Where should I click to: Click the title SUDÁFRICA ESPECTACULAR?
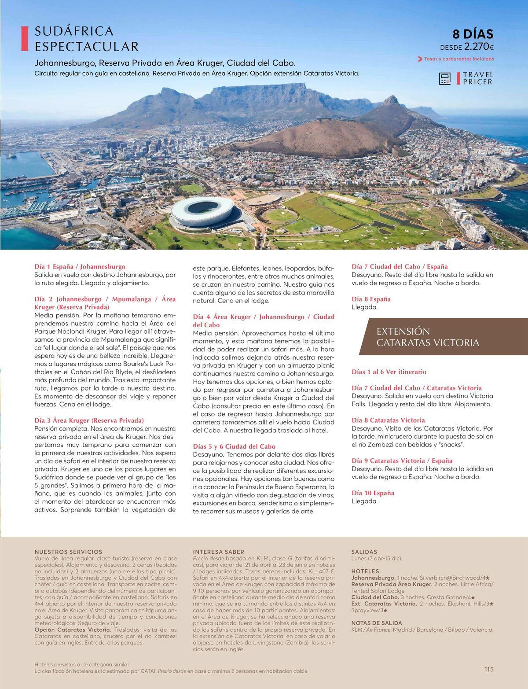pyautogui.click(x=86, y=39)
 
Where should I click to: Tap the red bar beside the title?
pyautogui.click(x=25, y=39)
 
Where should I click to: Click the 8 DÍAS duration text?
pyautogui.click(x=473, y=34)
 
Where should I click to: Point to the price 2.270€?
pyautogui.click(x=479, y=46)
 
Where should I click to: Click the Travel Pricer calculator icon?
pyautogui.click(x=445, y=78)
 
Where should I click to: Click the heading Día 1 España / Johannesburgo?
pyautogui.click(x=80, y=266)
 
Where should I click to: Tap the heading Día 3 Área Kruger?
pyautogui.click(x=89, y=420)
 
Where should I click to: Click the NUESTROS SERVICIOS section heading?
pyautogui.click(x=68, y=552)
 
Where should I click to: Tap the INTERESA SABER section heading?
pyautogui.click(x=218, y=552)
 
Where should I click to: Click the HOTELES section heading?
pyautogui.click(x=365, y=571)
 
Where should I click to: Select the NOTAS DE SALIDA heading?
pyautogui.click(x=376, y=623)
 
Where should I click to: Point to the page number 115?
pyautogui.click(x=488, y=669)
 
